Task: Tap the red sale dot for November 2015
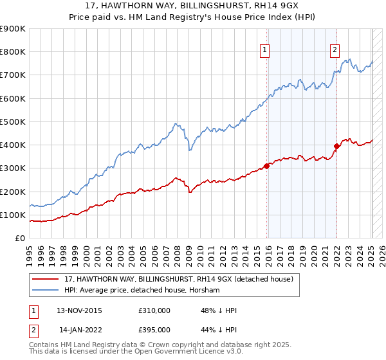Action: pyautogui.click(x=266, y=166)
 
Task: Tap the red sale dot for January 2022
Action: pyautogui.click(x=336, y=147)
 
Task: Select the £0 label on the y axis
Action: pyautogui.click(x=19, y=238)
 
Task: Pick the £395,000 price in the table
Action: pyautogui.click(x=154, y=330)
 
